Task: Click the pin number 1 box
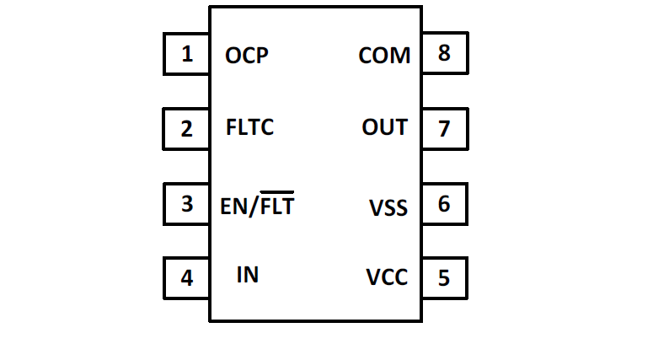coord(186,55)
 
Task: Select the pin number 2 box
coord(186,129)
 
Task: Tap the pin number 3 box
coord(186,204)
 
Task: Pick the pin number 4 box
coord(186,277)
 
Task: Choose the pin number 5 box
coord(444,277)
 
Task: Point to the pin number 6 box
coord(444,204)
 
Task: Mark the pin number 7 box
coord(444,129)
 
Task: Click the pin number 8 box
coord(444,55)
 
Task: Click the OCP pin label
coord(247,56)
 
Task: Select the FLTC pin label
coord(250,128)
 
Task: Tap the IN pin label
coord(248,275)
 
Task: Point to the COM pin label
coord(384,56)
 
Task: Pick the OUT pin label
coord(385,128)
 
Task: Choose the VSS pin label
coord(388,207)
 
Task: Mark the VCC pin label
coord(388,277)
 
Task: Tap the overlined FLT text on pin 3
coord(276,207)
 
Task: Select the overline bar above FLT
coord(276,192)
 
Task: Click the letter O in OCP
coord(234,56)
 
